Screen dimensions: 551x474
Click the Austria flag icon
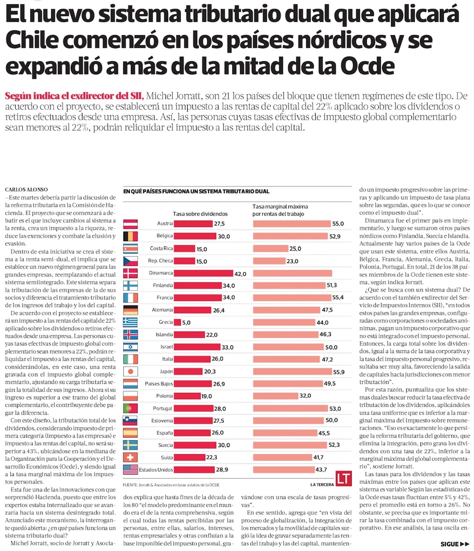(130, 223)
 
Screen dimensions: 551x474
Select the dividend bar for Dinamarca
(204, 273)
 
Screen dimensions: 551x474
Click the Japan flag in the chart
(130, 371)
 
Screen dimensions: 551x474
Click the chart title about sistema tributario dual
(196, 191)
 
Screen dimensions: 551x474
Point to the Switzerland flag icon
(130, 457)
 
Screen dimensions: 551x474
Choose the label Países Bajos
(159, 383)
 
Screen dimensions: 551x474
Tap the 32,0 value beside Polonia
(305, 395)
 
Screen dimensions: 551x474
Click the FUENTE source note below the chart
(171, 485)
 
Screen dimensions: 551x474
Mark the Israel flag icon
(130, 346)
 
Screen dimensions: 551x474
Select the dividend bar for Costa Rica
(184, 248)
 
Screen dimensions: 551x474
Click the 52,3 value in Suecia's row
(335, 445)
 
